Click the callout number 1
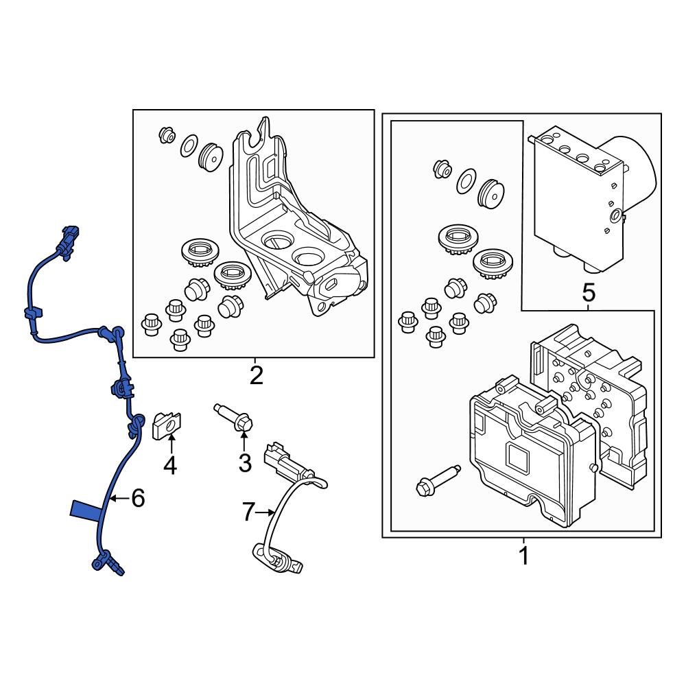[523, 556]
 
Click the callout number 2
[256, 375]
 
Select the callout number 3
[245, 464]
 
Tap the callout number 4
[169, 466]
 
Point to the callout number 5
[589, 294]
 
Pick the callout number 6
[138, 499]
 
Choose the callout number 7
[248, 511]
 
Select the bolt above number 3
[235, 418]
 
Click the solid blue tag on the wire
[87, 510]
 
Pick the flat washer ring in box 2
[189, 146]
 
